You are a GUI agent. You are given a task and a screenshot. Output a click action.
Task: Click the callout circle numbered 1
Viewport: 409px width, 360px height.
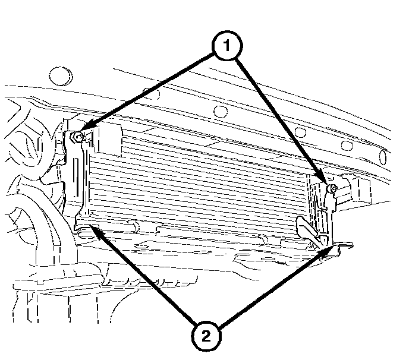click(227, 46)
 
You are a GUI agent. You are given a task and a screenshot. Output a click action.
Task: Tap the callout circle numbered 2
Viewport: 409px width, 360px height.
click(206, 336)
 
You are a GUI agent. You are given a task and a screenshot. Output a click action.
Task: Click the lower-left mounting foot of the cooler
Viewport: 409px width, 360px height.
click(86, 228)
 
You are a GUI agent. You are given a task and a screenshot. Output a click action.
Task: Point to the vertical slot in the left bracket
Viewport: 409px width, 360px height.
click(76, 177)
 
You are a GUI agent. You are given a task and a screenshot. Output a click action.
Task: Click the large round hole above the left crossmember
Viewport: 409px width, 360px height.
click(61, 76)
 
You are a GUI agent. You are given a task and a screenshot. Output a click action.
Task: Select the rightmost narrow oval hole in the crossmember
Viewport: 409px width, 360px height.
click(383, 157)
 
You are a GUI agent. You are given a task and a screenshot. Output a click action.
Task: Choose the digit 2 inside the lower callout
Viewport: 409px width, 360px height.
click(206, 336)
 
